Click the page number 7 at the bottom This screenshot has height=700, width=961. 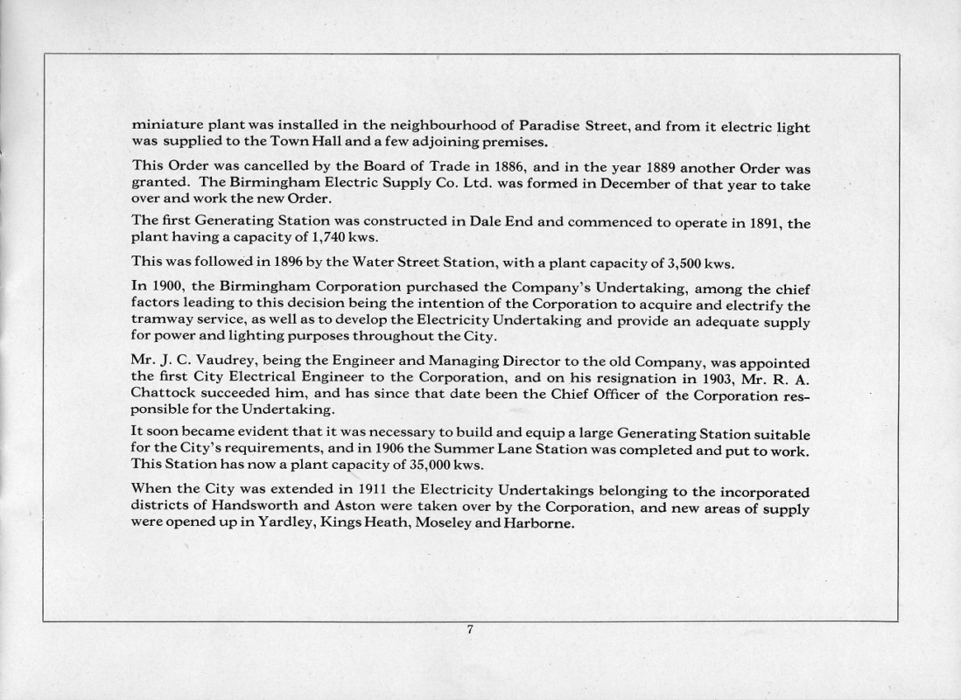470,629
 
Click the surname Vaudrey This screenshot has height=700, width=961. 214,362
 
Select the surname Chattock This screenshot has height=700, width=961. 164,394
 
